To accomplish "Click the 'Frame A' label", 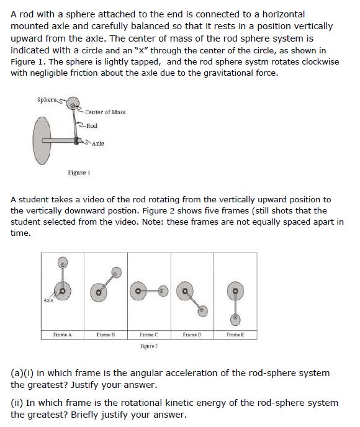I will pyautogui.click(x=61, y=335).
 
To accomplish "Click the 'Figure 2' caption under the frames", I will pyautogui.click(x=147, y=343).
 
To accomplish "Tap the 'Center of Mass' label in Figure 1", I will pyautogui.click(x=106, y=112).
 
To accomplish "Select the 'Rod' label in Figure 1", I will pyautogui.click(x=91, y=126).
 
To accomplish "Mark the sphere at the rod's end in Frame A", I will pyautogui.click(x=61, y=263).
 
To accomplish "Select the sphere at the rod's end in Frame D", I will pyautogui.click(x=202, y=308).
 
